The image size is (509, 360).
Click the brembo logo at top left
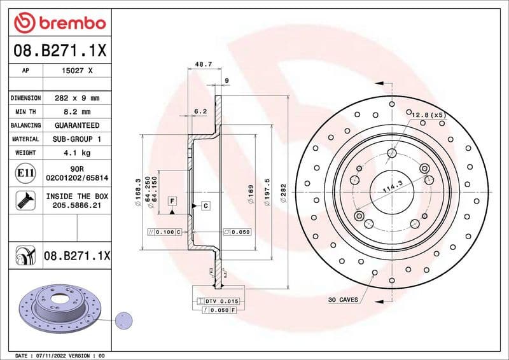click(59, 23)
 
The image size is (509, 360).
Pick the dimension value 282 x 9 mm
click(76, 98)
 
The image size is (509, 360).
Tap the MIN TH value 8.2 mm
click(76, 112)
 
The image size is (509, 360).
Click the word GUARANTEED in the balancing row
click(76, 125)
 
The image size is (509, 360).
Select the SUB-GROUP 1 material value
click(76, 139)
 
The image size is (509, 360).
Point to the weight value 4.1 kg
click(76, 153)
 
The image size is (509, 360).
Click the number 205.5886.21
click(76, 206)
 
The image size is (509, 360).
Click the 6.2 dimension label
click(200, 111)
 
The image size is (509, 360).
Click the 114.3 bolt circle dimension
click(392, 185)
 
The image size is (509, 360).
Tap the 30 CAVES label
click(343, 299)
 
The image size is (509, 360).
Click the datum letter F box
click(172, 202)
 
